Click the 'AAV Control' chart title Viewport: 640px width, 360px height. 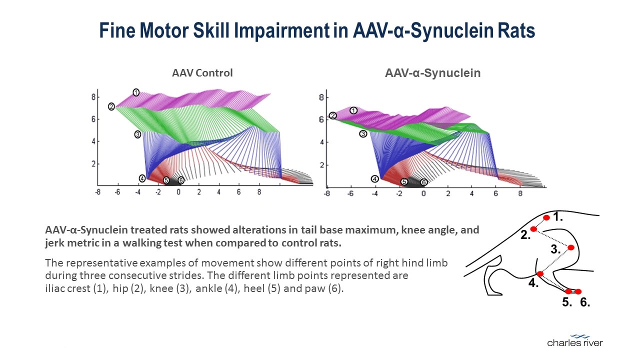pos(202,73)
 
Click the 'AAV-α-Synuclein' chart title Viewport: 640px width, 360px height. pos(432,73)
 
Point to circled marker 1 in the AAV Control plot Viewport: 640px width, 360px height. pos(135,92)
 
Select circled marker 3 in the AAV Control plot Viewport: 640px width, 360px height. pos(137,134)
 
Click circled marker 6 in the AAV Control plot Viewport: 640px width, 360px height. pos(181,180)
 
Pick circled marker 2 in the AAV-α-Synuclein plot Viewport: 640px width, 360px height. pos(333,116)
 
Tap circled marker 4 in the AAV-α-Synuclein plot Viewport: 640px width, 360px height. pos(374,179)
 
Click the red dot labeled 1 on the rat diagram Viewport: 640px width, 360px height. pos(546,217)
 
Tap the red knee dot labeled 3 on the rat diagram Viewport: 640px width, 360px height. pos(571,247)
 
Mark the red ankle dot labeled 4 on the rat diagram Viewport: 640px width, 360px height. pos(540,273)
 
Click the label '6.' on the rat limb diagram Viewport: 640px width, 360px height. pos(585,302)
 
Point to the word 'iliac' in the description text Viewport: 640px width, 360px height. pos(54,289)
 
